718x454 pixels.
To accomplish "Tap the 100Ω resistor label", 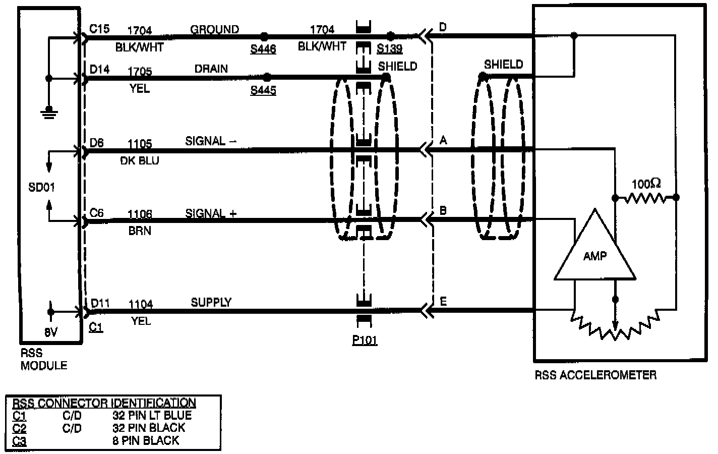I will tap(646, 184).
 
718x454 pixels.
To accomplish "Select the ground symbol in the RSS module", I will tap(48, 111).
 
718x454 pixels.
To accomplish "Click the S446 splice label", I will tap(263, 49).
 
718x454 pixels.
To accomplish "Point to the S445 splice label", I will tap(263, 91).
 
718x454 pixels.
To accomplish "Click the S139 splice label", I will tap(389, 49).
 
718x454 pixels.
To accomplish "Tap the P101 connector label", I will tap(365, 340).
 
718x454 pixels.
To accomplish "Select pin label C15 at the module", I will tap(99, 29).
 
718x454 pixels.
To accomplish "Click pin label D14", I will tap(99, 69).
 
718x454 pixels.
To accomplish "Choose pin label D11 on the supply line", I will tap(100, 303).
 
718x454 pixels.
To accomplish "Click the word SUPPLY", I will tap(211, 302).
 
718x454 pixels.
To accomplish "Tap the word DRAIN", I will tap(211, 69).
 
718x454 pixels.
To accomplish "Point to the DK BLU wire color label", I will tap(140, 160).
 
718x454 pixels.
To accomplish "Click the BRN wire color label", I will tap(140, 231).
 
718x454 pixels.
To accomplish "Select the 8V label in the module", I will tap(50, 333).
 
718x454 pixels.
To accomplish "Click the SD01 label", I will tap(41, 188).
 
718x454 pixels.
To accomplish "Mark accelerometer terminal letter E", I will tap(443, 302).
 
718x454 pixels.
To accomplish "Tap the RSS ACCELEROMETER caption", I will tap(595, 375).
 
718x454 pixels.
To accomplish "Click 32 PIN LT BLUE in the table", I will tap(152, 416).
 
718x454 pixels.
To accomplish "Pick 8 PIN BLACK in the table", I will tap(146, 440).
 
